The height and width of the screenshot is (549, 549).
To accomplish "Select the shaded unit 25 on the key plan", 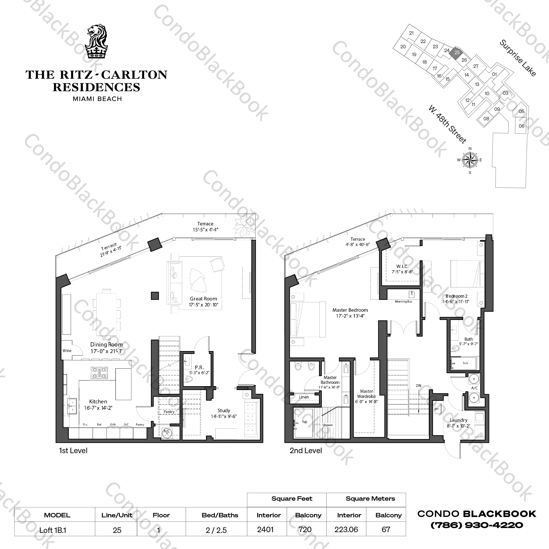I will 457,53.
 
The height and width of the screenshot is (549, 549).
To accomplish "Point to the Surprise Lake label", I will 518,58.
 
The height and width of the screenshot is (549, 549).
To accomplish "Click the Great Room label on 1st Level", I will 203,299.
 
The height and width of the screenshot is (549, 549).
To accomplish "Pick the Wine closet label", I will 67,351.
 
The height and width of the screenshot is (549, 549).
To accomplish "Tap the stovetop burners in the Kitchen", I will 99,373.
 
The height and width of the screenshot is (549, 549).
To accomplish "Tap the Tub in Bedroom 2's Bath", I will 465,363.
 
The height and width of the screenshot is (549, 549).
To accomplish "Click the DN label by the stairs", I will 418,386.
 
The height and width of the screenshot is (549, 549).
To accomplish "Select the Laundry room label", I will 458,420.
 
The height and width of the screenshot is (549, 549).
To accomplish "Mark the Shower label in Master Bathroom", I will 327,425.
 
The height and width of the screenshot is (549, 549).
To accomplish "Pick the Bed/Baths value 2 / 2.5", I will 216,530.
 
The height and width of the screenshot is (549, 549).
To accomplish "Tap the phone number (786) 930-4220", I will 477,525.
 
